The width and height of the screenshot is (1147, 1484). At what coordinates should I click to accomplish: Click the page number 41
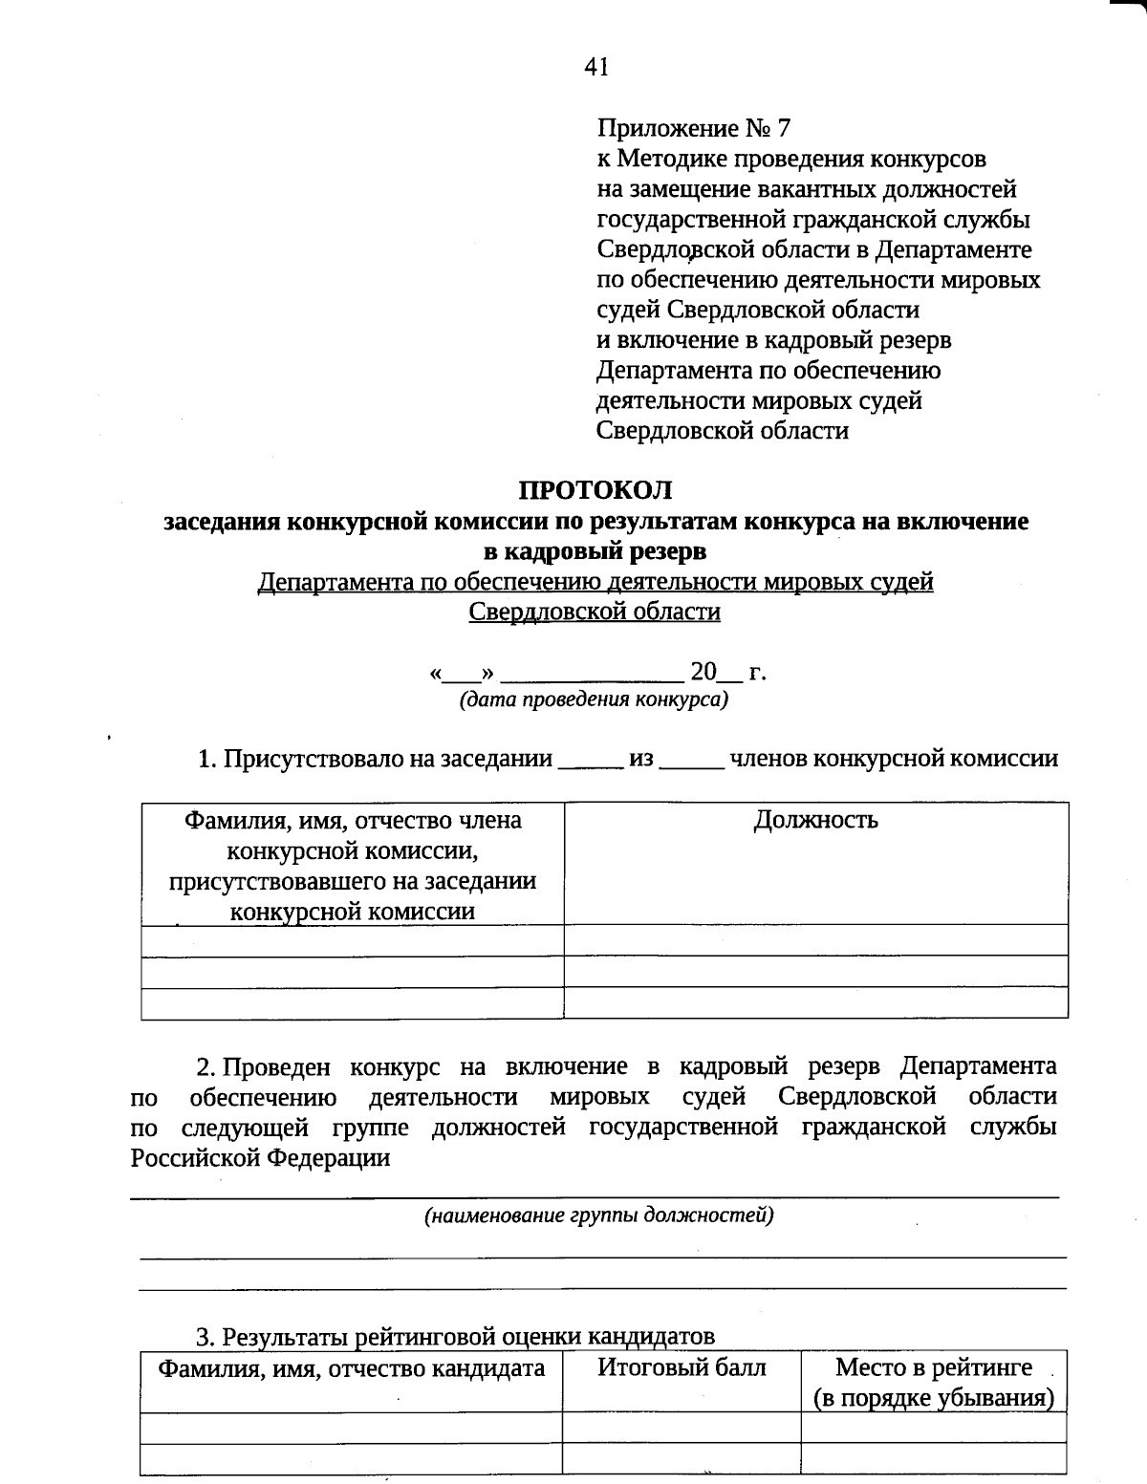coord(595,66)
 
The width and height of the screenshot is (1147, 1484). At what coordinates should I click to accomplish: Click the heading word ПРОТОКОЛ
coord(595,490)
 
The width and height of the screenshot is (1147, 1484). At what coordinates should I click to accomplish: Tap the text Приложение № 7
coord(694,128)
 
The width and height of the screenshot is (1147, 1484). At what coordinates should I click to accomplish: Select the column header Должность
coord(815,820)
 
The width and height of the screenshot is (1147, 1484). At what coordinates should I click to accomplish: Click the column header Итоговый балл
coord(682,1367)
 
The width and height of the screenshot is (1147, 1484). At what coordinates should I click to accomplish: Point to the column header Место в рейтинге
coord(933,1367)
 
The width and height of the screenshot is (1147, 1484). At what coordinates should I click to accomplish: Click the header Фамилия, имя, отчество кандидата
coord(351,1368)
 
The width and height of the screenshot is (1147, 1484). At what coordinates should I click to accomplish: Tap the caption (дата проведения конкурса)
coord(594,699)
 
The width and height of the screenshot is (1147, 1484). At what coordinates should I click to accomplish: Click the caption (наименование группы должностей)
coord(598,1215)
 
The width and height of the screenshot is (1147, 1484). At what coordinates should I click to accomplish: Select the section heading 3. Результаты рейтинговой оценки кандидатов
coord(456,1337)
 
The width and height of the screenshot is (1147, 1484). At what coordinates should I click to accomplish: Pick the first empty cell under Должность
coord(815,940)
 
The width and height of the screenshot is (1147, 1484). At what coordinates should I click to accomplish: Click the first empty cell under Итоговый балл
coord(682,1428)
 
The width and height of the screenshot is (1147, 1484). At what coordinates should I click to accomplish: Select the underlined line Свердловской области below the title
coord(595,612)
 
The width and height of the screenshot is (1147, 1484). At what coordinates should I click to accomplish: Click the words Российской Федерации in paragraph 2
coord(260,1158)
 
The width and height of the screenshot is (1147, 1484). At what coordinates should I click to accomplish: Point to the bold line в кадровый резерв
coord(595,551)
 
